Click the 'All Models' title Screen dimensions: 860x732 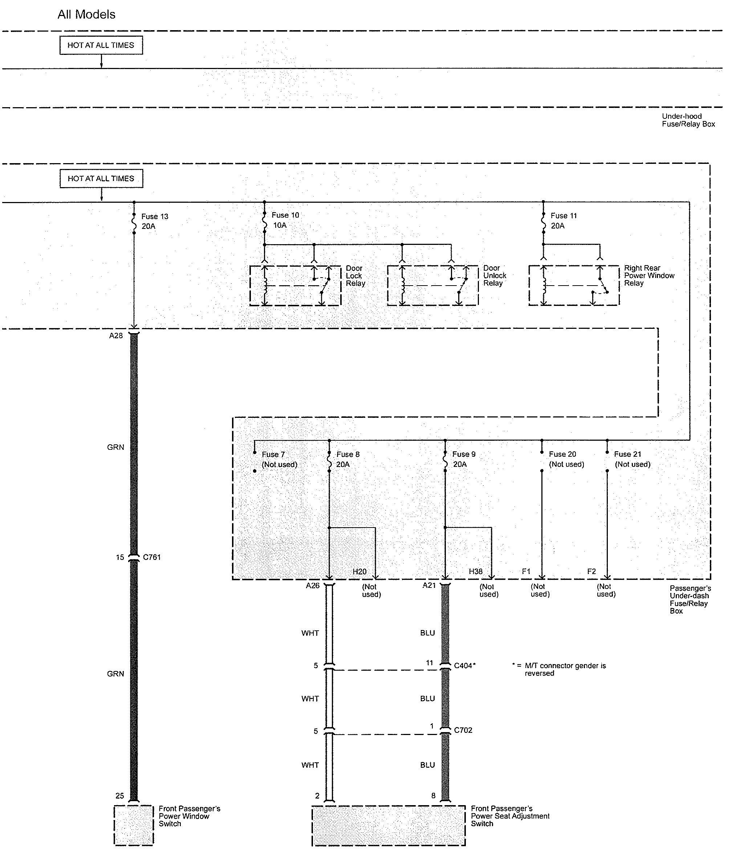[x=86, y=15]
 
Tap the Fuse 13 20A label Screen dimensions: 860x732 [x=154, y=221]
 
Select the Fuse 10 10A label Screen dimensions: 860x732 [x=285, y=220]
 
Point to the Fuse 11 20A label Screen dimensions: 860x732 [x=563, y=221]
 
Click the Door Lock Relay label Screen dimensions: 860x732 [x=355, y=276]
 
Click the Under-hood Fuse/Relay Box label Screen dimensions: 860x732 [x=688, y=120]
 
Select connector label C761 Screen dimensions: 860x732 [x=152, y=557]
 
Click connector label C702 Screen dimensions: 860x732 [x=463, y=730]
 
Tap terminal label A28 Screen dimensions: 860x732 [x=116, y=336]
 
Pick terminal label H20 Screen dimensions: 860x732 [x=359, y=572]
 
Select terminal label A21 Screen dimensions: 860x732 [x=429, y=585]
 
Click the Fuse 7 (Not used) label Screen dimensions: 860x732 [x=279, y=459]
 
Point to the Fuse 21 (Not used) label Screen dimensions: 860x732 [x=632, y=459]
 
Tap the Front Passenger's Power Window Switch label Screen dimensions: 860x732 [x=189, y=816]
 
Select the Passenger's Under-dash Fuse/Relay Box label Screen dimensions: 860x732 [x=690, y=599]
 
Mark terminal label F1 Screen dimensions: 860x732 [x=526, y=572]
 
